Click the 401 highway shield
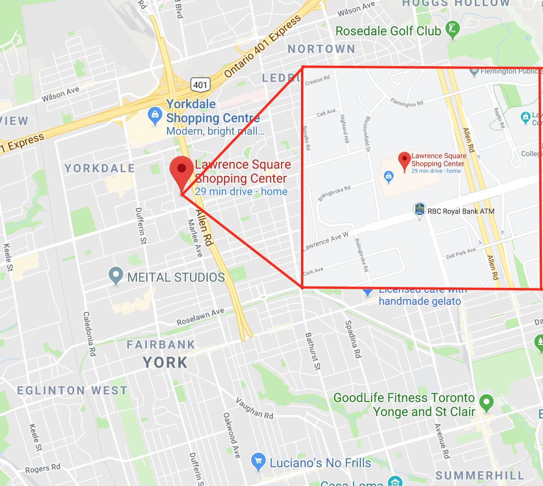pos(200,85)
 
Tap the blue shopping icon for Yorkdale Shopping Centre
pos(155,115)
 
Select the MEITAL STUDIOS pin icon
pos(116,276)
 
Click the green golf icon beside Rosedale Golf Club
pos(453,30)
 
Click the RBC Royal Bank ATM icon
pos(420,210)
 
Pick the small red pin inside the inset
pos(404,160)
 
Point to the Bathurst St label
pos(313,351)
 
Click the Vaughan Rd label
pos(255,408)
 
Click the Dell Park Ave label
pos(461,253)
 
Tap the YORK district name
pos(165,362)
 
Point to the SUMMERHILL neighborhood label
pos(479,475)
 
